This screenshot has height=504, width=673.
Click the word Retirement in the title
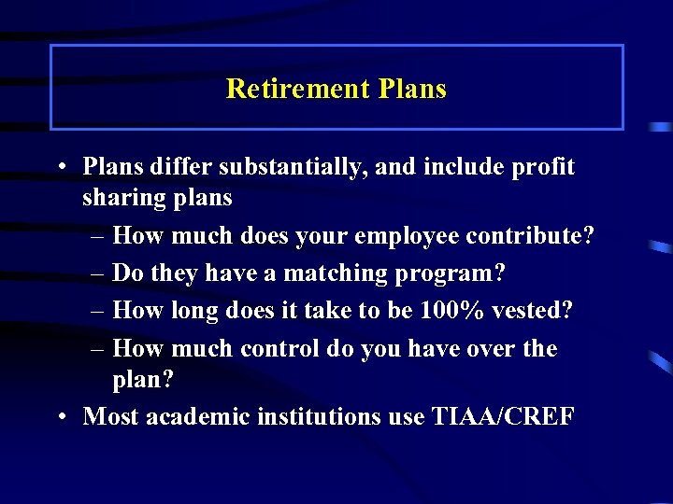[298, 89]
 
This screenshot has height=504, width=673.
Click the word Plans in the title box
[413, 89]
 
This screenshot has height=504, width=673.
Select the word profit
[542, 168]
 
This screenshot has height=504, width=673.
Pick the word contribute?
[532, 236]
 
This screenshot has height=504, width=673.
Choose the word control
[280, 348]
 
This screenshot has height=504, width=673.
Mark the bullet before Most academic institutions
[60, 417]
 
